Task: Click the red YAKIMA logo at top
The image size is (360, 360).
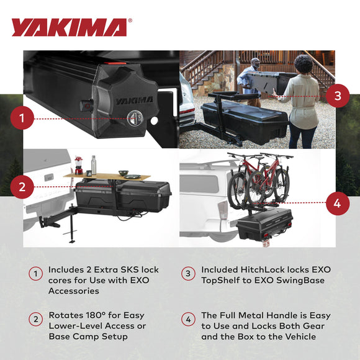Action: (70, 27)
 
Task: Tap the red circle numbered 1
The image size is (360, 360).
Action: (22, 118)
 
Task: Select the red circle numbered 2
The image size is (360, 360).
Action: (22, 186)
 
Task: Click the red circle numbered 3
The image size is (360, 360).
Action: (337, 96)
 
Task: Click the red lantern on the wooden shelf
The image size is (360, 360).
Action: (79, 165)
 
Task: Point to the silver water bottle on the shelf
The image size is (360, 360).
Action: (94, 164)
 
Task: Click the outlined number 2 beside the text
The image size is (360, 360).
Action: (37, 320)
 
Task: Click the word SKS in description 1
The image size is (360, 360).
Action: (128, 270)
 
